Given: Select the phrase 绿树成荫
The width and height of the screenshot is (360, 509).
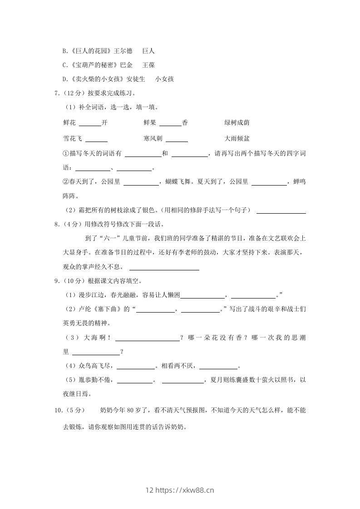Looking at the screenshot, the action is coord(237,123).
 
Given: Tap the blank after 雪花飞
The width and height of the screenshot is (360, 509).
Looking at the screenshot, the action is coord(96,139).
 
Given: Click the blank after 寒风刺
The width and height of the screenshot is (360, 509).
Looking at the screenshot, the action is coord(177,139).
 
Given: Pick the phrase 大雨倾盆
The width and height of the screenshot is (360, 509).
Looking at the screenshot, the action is coord(237,138).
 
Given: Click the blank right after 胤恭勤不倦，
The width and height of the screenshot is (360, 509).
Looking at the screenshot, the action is coord(135,381).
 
